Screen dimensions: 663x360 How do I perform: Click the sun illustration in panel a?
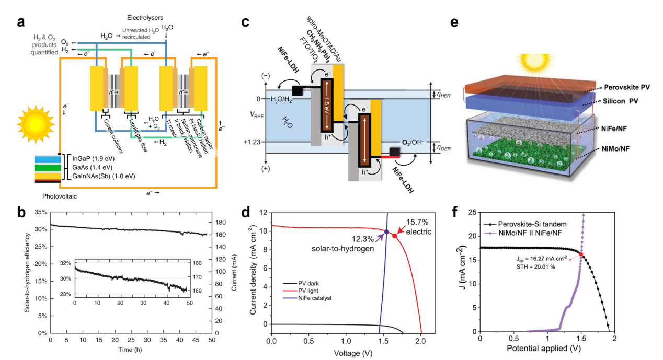[x=36, y=124]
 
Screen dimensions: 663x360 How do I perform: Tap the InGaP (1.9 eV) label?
[x=93, y=158]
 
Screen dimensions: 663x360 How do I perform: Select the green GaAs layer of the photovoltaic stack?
[x=48, y=168]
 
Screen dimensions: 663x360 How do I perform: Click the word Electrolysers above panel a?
[x=145, y=18]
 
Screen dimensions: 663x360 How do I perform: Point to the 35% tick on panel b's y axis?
[x=41, y=212]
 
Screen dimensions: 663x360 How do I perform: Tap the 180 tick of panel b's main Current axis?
[x=221, y=223]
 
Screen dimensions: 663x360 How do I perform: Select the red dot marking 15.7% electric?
[x=395, y=236]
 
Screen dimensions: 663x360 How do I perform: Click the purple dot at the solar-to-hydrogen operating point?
[x=386, y=232]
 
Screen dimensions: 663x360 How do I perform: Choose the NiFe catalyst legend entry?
[x=307, y=298]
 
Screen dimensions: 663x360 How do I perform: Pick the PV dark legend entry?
[x=301, y=283]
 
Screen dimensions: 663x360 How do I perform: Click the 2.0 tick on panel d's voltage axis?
[x=420, y=341]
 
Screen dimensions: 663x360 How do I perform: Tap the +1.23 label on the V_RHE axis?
[x=252, y=142]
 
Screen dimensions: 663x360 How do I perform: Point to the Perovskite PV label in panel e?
[x=627, y=88]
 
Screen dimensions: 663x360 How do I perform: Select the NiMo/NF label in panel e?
[x=615, y=148]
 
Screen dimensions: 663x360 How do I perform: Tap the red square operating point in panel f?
[x=581, y=254]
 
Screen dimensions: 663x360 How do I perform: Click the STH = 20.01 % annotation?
[x=536, y=267]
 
